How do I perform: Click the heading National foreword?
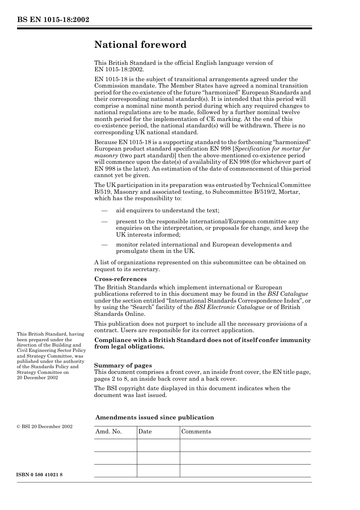(x=140, y=45)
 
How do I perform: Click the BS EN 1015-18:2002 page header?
(x=53, y=20)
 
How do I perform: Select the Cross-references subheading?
(x=120, y=279)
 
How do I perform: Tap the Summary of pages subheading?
(x=123, y=366)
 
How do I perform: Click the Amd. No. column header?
(x=108, y=432)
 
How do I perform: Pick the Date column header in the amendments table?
(x=145, y=432)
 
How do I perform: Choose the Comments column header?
(x=196, y=432)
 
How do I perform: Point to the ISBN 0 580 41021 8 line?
(x=40, y=475)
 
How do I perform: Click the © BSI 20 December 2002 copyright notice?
(x=45, y=427)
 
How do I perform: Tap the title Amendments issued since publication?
(x=154, y=417)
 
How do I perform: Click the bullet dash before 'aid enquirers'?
(x=104, y=210)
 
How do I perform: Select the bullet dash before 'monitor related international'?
(x=104, y=245)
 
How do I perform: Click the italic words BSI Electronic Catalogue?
(x=229, y=307)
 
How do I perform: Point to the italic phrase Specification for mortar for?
(x=272, y=149)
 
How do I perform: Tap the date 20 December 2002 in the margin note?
(x=38, y=378)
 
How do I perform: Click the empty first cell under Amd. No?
(x=116, y=445)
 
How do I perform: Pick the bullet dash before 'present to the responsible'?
(x=104, y=221)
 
